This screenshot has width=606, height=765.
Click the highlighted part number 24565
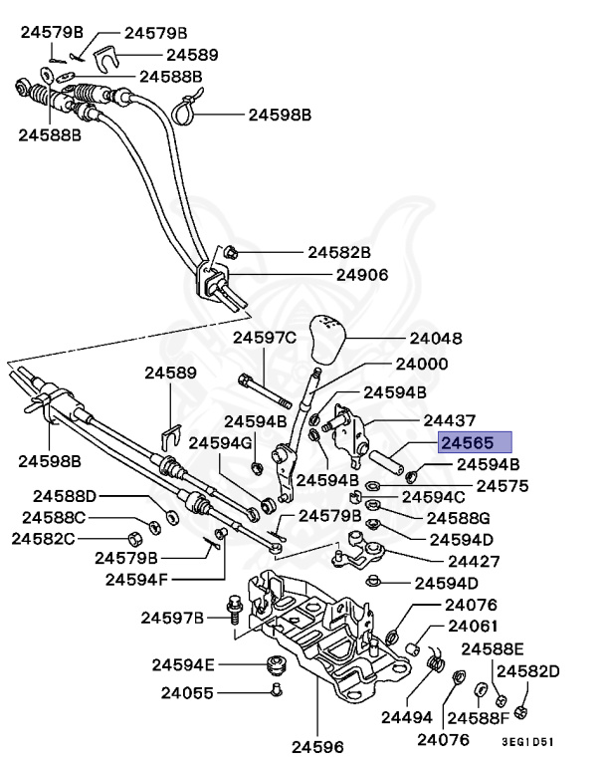coord(475,443)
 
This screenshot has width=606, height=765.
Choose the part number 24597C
coord(265,338)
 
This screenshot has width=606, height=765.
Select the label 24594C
coord(433,496)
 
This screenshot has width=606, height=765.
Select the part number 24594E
coord(183,663)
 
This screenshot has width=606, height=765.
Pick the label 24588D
coord(65,495)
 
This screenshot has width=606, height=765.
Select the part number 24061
coord(472,626)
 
